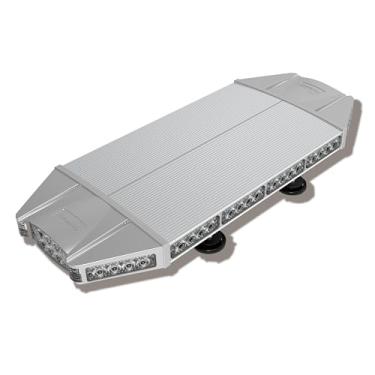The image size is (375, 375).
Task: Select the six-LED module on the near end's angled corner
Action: point(119,266)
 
